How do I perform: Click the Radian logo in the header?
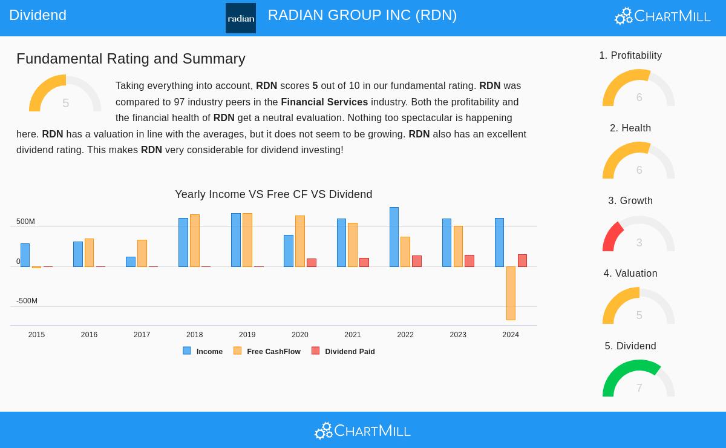point(241,18)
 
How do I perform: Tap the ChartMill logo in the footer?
point(362,430)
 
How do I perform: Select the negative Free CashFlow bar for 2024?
point(511,293)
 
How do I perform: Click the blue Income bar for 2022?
point(394,237)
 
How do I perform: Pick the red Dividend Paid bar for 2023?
point(469,261)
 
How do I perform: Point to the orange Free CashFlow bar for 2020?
point(300,241)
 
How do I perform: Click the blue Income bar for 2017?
point(131,262)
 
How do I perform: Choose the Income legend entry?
point(203,351)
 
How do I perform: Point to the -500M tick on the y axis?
point(27,301)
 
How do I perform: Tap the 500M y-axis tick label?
point(25,222)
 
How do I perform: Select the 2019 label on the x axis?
point(247,335)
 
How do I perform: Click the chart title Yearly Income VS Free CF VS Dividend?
point(273,194)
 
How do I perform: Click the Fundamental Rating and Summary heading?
point(131,59)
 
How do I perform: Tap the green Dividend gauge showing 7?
point(638,378)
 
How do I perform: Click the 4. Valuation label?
point(630,274)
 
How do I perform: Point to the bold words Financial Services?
point(324,102)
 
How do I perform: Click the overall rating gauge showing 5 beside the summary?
point(65,94)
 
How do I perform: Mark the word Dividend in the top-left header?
point(38,15)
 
